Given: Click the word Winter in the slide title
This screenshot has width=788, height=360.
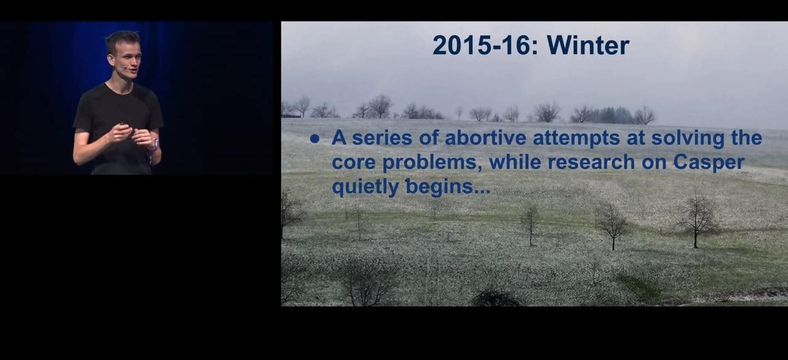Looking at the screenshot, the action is click(x=588, y=46).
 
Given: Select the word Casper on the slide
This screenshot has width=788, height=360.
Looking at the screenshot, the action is click(x=709, y=163).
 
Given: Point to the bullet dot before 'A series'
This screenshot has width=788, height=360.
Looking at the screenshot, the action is click(x=315, y=139).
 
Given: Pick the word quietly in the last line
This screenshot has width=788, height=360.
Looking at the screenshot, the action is click(x=366, y=186).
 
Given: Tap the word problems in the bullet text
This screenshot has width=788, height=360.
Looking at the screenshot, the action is click(x=432, y=163).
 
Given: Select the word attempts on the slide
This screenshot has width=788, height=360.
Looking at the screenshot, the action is click(x=576, y=138).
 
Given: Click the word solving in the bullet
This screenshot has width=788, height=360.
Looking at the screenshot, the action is click(x=688, y=138).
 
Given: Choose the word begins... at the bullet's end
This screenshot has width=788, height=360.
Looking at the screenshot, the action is click(x=448, y=186).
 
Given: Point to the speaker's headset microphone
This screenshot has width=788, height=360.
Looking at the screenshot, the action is click(x=119, y=66).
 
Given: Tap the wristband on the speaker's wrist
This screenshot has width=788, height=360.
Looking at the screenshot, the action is click(x=154, y=145).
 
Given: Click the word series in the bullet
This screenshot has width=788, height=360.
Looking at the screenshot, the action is click(x=382, y=137).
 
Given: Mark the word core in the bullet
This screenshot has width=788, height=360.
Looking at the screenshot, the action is click(x=353, y=163).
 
